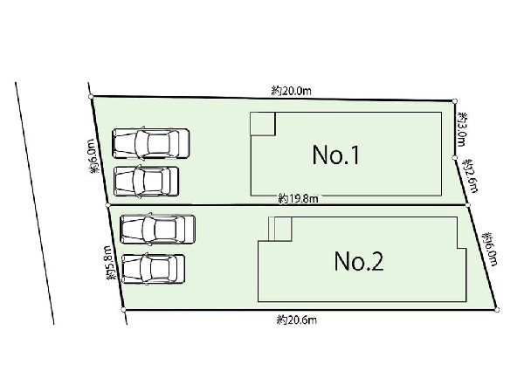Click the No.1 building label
coord(336,155)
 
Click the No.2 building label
coord(359,261)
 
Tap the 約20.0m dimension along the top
coord(291,90)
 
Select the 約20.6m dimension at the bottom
coord(297,320)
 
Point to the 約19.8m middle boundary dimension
coord(298,199)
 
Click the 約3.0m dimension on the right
coord(462,129)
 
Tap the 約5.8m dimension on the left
coord(110,263)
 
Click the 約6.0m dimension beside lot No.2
coord(490,249)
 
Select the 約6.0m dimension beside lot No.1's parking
coord(94,155)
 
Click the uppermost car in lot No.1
coord(151,143)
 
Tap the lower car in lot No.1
coord(147,181)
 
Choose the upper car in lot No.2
coord(157,230)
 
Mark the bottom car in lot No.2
coord(153,269)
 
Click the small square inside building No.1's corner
coord(263,124)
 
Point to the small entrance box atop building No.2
coord(280,229)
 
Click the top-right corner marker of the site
coord(454,100)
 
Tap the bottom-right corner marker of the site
coord(497,310)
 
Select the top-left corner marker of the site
coord(91,97)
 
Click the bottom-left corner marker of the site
coord(123,310)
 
